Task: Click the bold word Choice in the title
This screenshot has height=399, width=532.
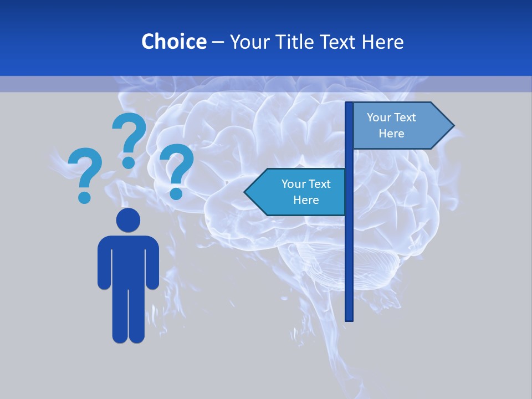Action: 173,42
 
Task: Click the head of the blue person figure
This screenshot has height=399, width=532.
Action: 128,220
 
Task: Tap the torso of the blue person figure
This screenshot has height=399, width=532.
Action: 128,260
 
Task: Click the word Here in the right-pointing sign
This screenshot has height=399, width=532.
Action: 391,134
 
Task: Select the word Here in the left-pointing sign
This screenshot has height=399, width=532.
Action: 306,200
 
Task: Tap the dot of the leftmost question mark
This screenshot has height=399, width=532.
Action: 84,197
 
